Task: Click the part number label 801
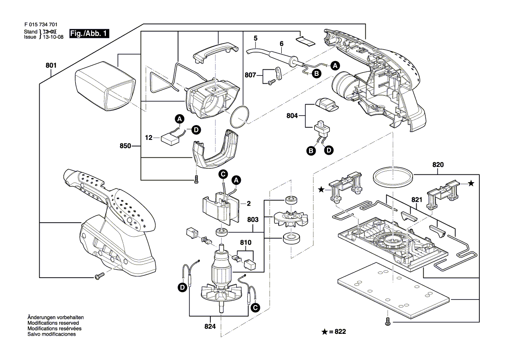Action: (x=51, y=66)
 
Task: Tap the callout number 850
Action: (x=125, y=146)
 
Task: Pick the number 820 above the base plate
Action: (x=438, y=165)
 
